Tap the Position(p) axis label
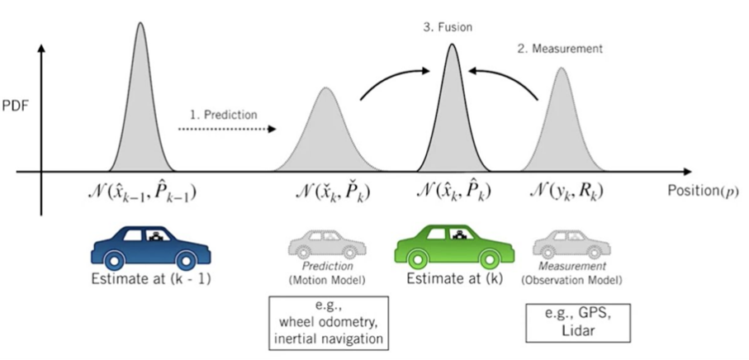701,190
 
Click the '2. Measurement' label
560,49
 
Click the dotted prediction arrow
228,129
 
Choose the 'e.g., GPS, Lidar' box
572,320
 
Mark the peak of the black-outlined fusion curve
451,45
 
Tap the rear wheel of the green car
418,258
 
